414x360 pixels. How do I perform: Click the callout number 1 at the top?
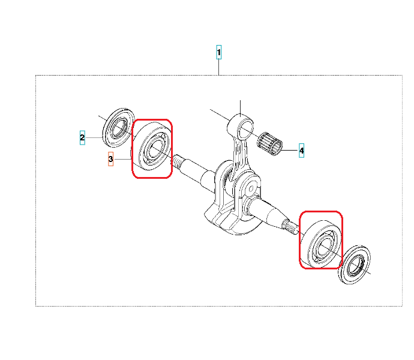click(x=218, y=52)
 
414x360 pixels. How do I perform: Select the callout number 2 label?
click(x=82, y=137)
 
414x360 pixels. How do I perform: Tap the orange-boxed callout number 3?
click(x=110, y=159)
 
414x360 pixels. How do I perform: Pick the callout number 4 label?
click(x=302, y=151)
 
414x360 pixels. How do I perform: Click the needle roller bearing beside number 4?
click(x=269, y=143)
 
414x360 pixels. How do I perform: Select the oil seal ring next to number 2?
click(x=118, y=128)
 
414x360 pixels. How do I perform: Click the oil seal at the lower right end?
click(x=355, y=265)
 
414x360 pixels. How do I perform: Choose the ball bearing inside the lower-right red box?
click(x=321, y=244)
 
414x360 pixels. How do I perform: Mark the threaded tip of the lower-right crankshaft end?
click(x=290, y=227)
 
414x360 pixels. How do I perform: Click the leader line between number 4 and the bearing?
click(x=289, y=150)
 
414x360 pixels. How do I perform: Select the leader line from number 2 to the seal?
click(x=94, y=137)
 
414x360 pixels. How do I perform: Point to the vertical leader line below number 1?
click(x=218, y=67)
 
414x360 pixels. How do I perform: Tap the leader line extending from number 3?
click(x=123, y=159)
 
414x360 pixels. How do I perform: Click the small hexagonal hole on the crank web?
click(x=251, y=188)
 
